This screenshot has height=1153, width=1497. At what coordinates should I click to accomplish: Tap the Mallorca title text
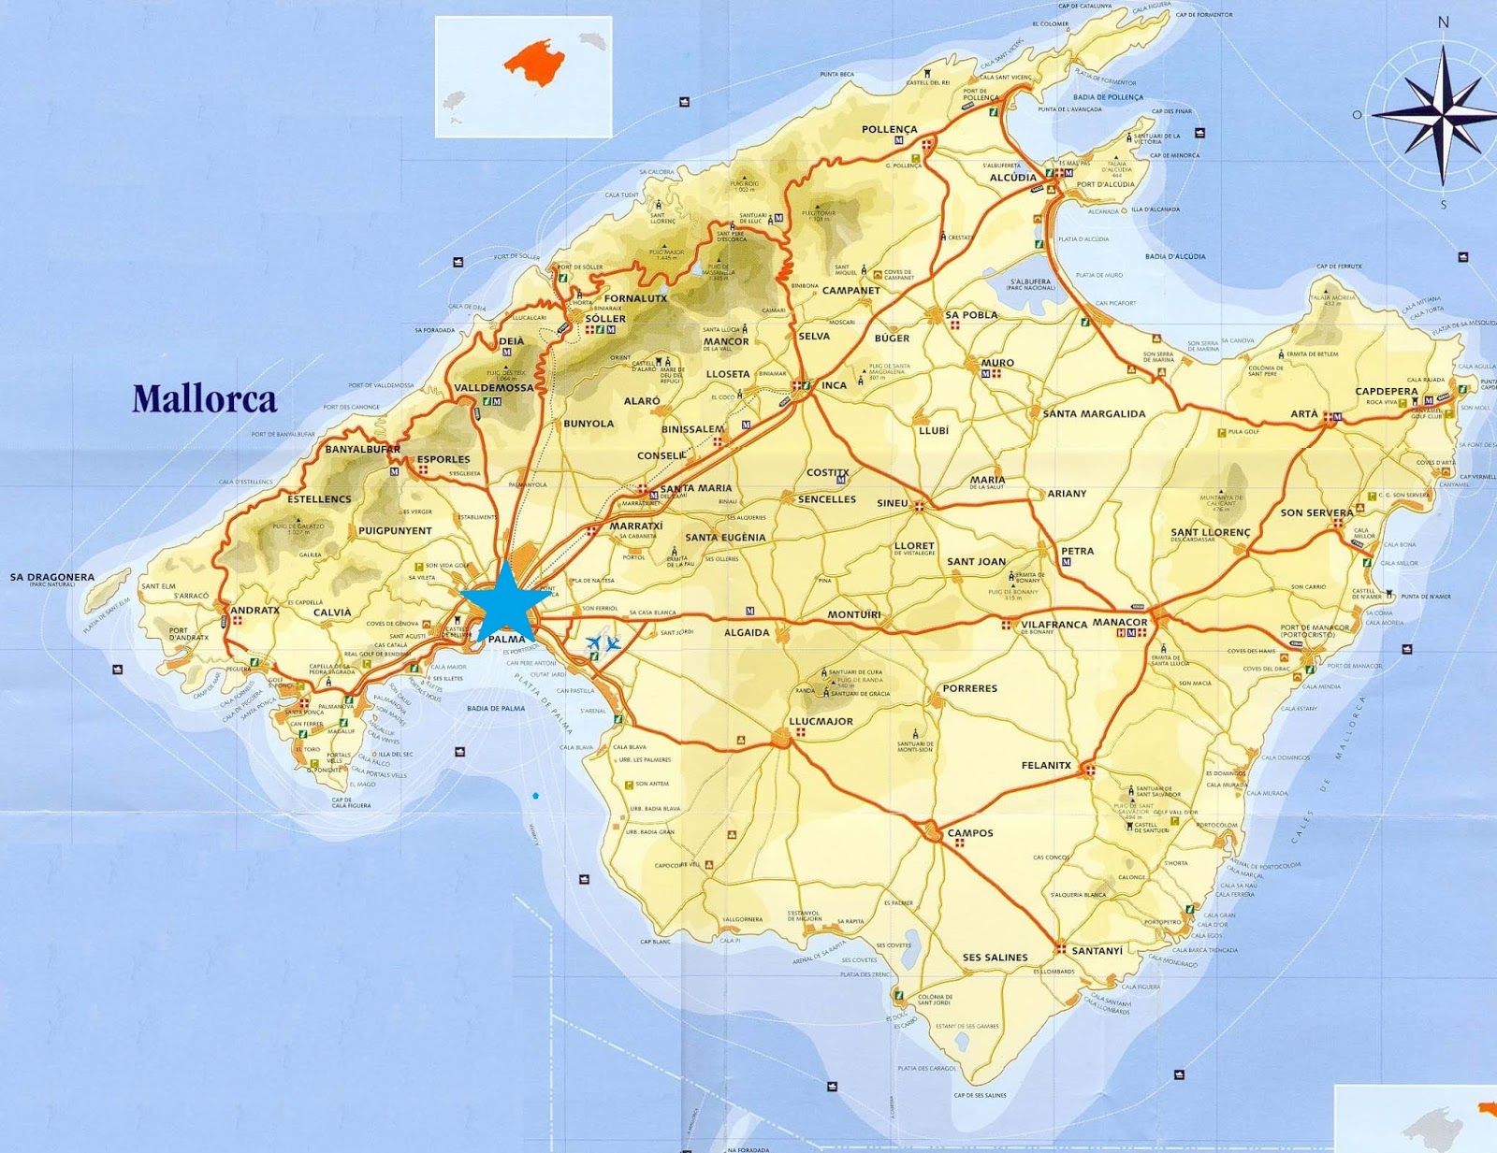[204, 399]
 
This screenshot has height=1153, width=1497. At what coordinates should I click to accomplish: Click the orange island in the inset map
[535, 62]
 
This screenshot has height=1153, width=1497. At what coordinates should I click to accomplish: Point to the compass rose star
[1441, 114]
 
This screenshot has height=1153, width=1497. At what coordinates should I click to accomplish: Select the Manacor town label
[1120, 622]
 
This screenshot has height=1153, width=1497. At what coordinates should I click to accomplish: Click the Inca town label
[834, 385]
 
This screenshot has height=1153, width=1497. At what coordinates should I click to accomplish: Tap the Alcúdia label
[1013, 178]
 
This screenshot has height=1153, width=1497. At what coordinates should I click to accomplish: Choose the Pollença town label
[890, 129]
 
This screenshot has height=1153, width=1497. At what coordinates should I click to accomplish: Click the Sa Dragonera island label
[52, 577]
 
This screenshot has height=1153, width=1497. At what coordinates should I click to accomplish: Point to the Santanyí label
[1097, 951]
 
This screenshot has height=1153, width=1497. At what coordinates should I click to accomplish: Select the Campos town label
[970, 832]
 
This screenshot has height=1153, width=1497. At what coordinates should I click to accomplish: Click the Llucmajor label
[821, 721]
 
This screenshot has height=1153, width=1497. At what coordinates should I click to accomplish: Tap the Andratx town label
[254, 610]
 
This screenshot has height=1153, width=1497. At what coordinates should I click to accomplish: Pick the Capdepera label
[1387, 391]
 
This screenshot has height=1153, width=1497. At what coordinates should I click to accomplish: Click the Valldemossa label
[494, 387]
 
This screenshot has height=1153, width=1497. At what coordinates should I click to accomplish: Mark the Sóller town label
[605, 318]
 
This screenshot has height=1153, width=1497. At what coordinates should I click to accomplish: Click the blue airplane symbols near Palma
[603, 643]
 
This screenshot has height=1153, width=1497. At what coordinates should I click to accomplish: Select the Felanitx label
[1046, 765]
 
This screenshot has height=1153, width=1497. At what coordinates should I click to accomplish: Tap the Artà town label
[1304, 413]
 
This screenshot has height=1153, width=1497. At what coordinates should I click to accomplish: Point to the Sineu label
[892, 503]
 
